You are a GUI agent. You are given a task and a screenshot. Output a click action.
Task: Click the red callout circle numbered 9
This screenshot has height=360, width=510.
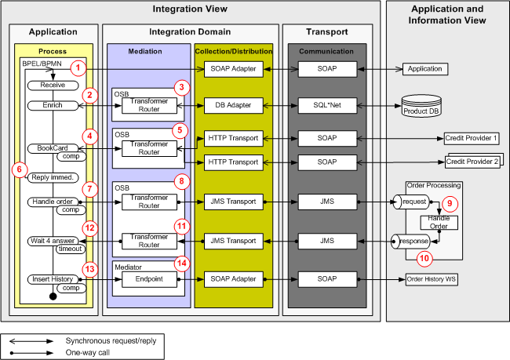click(450, 202)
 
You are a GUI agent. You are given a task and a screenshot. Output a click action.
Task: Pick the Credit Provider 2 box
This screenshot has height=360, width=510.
click(472, 162)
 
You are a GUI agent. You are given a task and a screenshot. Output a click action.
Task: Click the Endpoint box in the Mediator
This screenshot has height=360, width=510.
click(149, 278)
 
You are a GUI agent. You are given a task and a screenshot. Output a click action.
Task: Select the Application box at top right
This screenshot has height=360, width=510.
click(424, 69)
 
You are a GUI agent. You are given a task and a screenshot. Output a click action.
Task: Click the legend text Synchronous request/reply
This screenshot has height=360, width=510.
click(107, 342)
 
